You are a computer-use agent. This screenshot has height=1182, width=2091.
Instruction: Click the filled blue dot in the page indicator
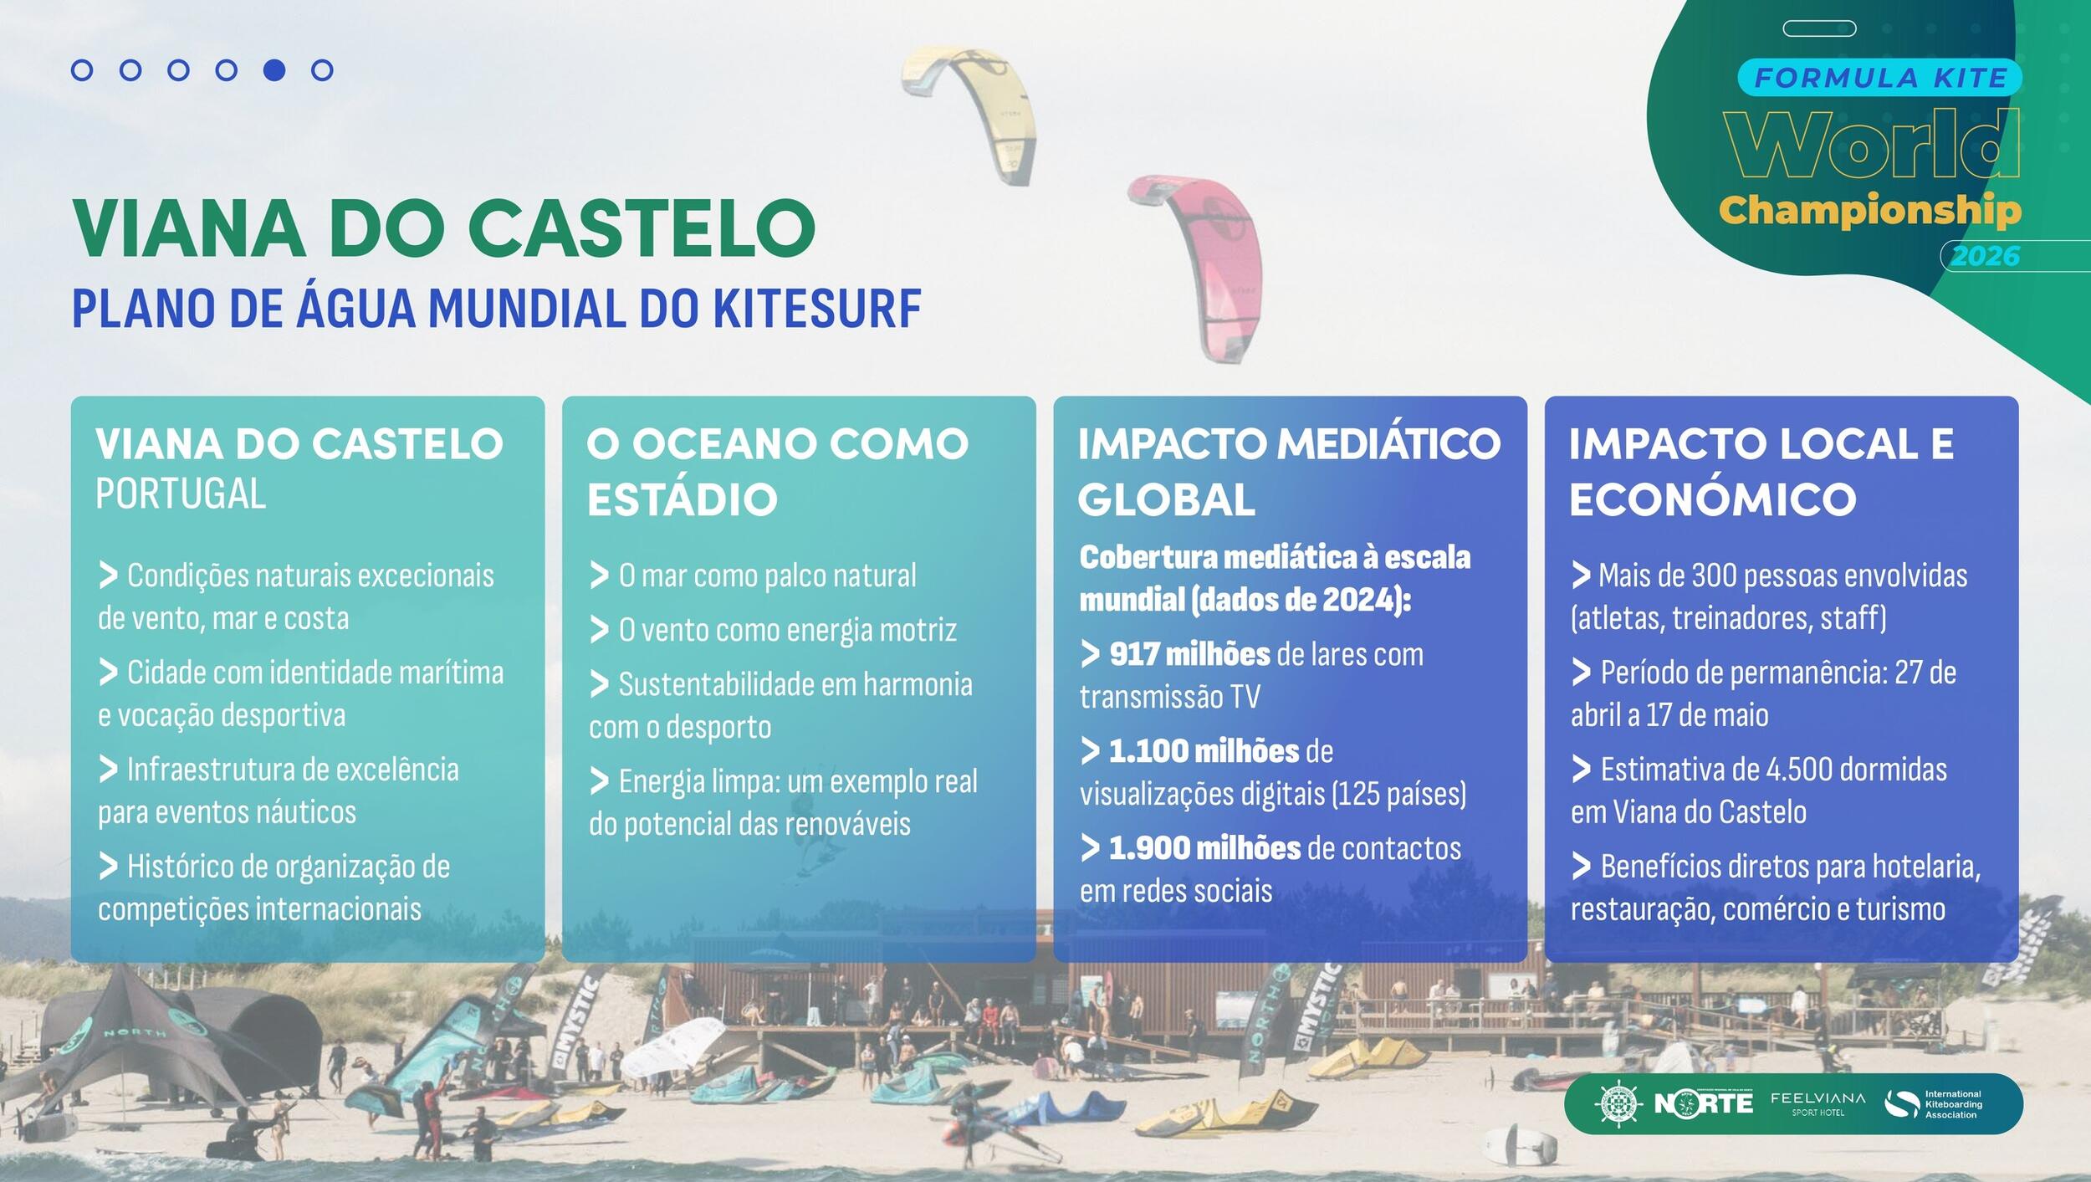(x=274, y=70)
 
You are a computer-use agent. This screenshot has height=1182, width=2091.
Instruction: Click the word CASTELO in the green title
(x=641, y=228)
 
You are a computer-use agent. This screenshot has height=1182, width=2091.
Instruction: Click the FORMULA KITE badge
(x=1880, y=78)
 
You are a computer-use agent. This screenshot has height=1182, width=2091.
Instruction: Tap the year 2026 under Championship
(x=1985, y=256)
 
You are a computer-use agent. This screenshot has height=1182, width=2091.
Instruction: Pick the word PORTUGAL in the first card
(x=181, y=494)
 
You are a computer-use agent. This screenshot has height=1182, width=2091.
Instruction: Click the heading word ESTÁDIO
(x=683, y=499)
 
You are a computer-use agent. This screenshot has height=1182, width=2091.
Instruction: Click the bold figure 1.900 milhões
(x=1204, y=848)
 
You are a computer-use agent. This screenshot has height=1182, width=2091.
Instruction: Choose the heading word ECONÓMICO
(x=1712, y=499)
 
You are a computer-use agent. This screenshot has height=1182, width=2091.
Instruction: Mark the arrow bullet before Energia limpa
(x=599, y=781)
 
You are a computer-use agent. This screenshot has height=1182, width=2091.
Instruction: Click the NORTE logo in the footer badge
(x=1703, y=1103)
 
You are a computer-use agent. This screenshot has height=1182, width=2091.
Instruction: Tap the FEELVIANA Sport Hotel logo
(x=1817, y=1103)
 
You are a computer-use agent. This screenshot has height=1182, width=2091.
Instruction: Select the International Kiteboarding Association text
(x=1953, y=1104)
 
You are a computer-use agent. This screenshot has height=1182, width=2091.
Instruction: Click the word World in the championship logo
(x=1872, y=144)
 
